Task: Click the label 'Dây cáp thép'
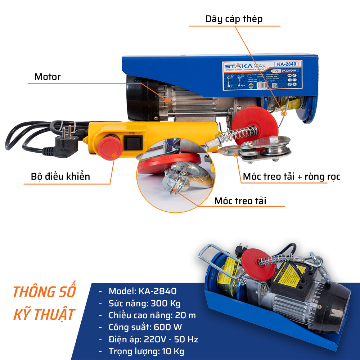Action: tap(234, 19)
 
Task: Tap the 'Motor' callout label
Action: tap(48, 77)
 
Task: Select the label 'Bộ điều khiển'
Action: tap(60, 176)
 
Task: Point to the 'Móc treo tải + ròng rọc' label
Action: tap(291, 176)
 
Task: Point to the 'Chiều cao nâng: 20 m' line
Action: tap(152, 315)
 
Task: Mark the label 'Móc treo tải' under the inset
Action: tap(240, 201)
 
